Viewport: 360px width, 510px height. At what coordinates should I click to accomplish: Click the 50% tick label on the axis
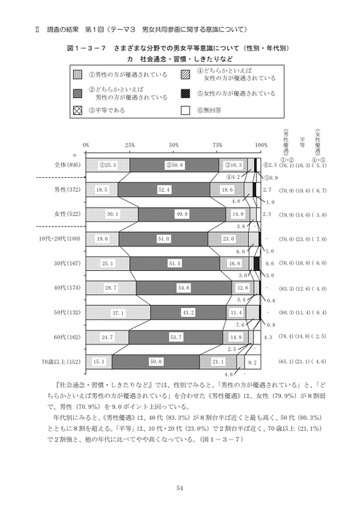click(173, 145)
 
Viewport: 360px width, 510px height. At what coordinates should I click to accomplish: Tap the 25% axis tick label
click(129, 145)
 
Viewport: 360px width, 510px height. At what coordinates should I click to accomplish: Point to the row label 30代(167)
click(66, 263)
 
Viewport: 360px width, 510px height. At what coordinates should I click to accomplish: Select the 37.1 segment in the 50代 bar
click(118, 312)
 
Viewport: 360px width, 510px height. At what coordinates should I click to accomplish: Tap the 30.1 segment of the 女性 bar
click(112, 214)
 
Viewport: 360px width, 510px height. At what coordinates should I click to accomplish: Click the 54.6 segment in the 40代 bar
click(184, 288)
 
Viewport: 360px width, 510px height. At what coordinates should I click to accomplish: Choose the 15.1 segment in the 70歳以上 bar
click(99, 360)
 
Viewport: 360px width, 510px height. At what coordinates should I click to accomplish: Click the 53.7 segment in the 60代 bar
click(176, 336)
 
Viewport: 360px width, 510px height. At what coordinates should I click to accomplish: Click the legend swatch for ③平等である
click(77, 111)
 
